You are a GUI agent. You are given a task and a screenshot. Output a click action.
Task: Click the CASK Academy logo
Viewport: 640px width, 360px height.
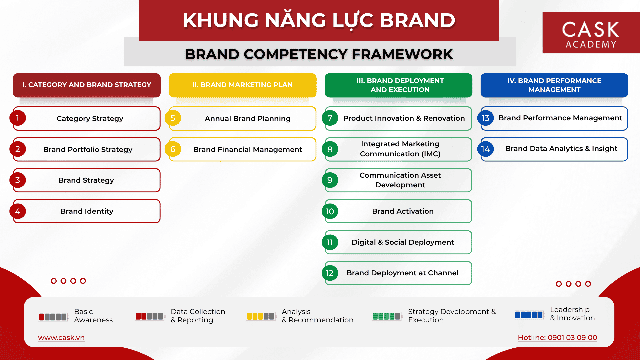point(591,33)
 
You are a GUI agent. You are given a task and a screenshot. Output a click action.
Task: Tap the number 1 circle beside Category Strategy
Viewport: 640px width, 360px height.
point(18,118)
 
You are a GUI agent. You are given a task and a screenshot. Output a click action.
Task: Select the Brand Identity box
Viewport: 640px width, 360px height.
point(87,211)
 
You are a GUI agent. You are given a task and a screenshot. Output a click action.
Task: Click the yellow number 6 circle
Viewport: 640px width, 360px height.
point(173,149)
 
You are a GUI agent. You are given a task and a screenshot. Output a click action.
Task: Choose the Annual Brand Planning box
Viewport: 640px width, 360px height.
point(243,118)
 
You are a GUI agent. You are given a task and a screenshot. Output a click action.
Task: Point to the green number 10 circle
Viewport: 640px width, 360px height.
point(330,211)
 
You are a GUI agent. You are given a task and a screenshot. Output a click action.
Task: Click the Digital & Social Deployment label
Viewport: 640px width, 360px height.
point(403,242)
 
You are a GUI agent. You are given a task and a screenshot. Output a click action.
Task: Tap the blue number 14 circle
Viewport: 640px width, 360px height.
point(485,149)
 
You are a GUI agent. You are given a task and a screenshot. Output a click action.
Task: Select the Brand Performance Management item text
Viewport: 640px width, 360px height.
point(560,118)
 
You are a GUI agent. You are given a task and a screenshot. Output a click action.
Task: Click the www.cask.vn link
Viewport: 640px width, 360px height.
point(61,338)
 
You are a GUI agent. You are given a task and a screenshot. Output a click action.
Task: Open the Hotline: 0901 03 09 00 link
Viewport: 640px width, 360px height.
point(557,338)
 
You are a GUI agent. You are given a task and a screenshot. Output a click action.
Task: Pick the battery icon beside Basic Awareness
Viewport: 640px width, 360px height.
point(53,317)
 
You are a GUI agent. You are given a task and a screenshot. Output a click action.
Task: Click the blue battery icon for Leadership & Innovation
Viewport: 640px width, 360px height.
point(529,315)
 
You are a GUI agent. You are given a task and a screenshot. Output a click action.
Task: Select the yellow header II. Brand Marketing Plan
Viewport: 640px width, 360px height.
point(243,85)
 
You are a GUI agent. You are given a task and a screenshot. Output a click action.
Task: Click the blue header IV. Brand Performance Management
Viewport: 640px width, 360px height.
point(554,85)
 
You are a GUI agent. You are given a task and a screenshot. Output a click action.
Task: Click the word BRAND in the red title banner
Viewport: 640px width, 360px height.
point(417,20)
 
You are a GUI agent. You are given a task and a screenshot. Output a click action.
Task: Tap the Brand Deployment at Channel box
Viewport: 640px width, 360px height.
point(398,273)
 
